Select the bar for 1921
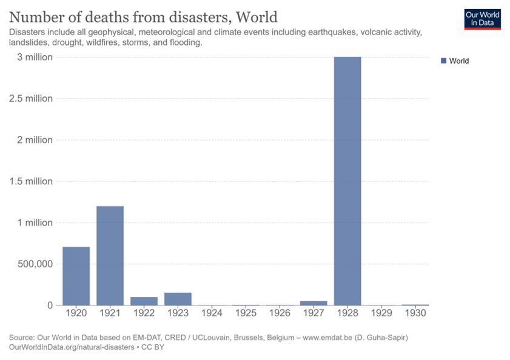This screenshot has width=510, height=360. pyautogui.click(x=110, y=255)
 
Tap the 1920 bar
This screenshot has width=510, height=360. pyautogui.click(x=76, y=276)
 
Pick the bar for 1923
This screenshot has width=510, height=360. pyautogui.click(x=178, y=299)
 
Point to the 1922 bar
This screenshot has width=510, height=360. pyautogui.click(x=144, y=301)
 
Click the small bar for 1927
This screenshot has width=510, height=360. pyautogui.click(x=314, y=302)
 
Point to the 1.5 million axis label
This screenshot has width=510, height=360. pyautogui.click(x=30, y=181)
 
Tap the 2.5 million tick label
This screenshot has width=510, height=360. pyautogui.click(x=30, y=99)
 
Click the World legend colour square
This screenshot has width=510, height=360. pyautogui.click(x=443, y=61)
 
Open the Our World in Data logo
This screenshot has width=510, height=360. pyautogui.click(x=482, y=19)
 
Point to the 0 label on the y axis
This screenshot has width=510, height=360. pyautogui.click(x=50, y=305)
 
